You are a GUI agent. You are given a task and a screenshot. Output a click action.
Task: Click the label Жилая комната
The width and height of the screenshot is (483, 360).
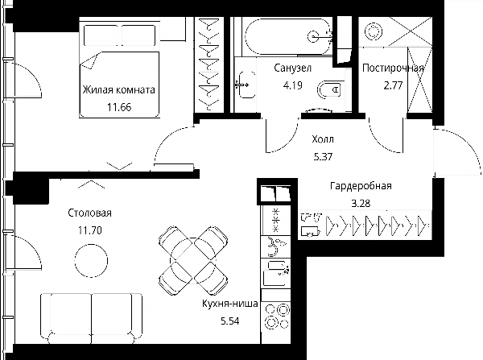pos(119,89)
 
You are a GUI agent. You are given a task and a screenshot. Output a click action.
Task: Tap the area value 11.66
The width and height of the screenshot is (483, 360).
pos(119,107)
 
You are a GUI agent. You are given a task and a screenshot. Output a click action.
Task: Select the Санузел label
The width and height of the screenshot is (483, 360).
pos(293,68)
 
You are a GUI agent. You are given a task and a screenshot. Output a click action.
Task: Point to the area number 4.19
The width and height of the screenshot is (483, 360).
pos(293,85)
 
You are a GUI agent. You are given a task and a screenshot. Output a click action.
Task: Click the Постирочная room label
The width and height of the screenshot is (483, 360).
pos(393,68)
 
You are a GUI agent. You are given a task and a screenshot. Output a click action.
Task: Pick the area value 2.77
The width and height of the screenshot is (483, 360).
pos(393,85)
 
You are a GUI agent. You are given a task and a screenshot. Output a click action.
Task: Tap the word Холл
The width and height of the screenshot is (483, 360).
pos(323,139)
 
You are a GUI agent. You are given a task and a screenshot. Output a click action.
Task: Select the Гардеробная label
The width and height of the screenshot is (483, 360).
pos(361,186)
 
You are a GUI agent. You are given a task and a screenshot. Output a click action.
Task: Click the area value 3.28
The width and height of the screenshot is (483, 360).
pos(361,204)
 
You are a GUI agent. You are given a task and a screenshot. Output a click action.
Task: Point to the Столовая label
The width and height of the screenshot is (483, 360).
pos(89,213)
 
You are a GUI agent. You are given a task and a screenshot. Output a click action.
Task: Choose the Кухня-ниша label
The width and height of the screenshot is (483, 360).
pos(230,304)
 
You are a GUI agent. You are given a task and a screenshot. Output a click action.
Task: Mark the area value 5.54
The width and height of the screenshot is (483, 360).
pos(230,321)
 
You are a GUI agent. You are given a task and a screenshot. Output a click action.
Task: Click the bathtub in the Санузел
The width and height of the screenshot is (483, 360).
pos(288,36)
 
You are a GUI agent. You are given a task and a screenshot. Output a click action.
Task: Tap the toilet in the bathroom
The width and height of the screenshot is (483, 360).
pos(330,89)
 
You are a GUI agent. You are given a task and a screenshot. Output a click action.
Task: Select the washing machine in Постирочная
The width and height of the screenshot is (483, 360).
pos(374,31)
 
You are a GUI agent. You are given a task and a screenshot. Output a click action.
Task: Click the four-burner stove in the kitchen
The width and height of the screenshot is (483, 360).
pos(276,316)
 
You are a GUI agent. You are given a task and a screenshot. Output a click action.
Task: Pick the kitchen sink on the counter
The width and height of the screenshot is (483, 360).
pos(275,273)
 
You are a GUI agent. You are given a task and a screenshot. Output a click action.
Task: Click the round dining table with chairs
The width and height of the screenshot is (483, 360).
pos(193,260)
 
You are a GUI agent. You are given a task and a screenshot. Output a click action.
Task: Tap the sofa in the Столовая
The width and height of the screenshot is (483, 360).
pos(92,318)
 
